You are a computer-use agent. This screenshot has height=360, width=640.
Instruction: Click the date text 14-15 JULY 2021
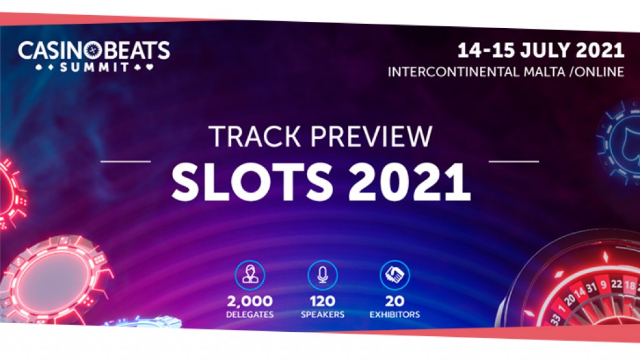tap(540, 50)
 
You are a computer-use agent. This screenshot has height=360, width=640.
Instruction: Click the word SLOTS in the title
tap(244, 181)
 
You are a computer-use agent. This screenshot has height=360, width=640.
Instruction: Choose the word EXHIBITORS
tap(394, 314)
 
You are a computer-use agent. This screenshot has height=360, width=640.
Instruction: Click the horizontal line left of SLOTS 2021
tap(125, 161)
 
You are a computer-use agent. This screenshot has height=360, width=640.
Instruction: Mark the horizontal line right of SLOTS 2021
tap(513, 161)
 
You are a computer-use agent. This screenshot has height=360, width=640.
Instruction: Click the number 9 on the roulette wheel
tap(604, 284)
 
